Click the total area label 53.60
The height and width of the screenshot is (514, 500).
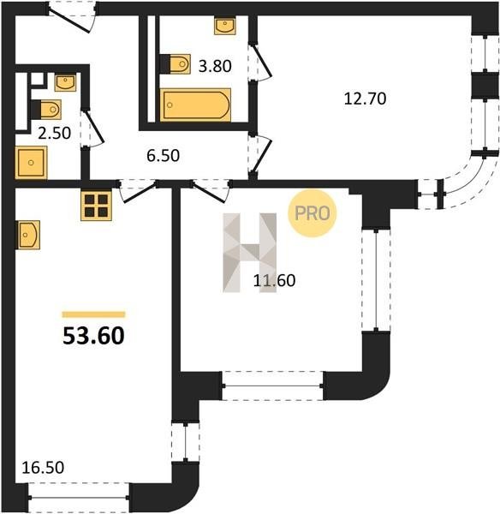point(93,336)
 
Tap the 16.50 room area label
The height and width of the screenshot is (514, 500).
point(43,468)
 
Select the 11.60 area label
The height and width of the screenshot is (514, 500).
point(274,281)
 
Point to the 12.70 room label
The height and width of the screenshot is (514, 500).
point(365,99)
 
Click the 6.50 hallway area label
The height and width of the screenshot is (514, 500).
point(164,156)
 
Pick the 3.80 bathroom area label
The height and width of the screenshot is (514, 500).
point(215,66)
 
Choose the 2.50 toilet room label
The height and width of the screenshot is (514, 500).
point(55,134)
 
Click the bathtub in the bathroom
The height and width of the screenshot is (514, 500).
point(195,105)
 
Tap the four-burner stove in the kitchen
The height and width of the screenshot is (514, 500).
point(97,206)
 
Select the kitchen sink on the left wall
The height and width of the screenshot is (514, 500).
point(28,235)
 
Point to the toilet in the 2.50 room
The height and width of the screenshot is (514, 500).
point(46,109)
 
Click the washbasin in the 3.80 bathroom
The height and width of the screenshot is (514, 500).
point(225,26)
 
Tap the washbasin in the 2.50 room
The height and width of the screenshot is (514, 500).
point(65,82)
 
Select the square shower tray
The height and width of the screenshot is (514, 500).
point(31,163)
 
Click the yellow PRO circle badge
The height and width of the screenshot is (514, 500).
point(312,213)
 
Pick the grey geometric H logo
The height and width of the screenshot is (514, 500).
point(250,253)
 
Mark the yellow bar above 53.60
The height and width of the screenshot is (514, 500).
point(93,314)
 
